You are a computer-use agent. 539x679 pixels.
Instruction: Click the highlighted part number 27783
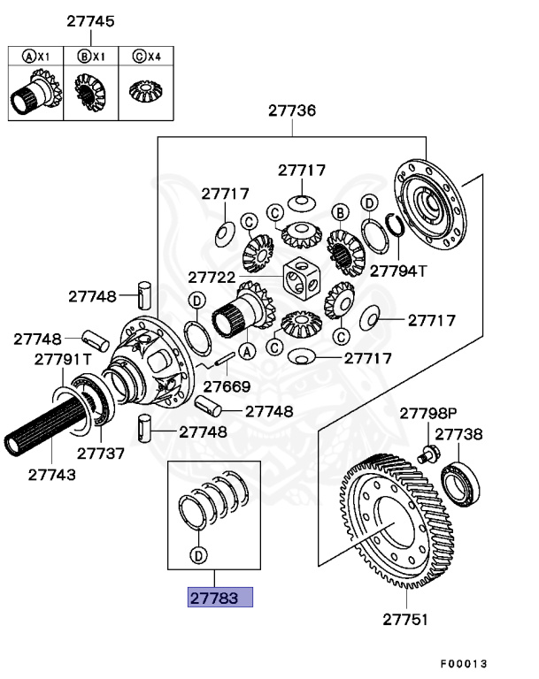pyautogui.click(x=219, y=598)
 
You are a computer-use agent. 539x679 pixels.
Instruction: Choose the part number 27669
pyautogui.click(x=226, y=386)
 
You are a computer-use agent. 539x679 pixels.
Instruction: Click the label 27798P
pyautogui.click(x=427, y=413)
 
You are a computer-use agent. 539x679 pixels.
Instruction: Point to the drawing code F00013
pyautogui.click(x=464, y=664)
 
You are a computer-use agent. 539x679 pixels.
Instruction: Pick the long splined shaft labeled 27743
pyautogui.click(x=49, y=433)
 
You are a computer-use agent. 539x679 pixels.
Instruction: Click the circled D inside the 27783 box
pyautogui.click(x=196, y=555)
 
